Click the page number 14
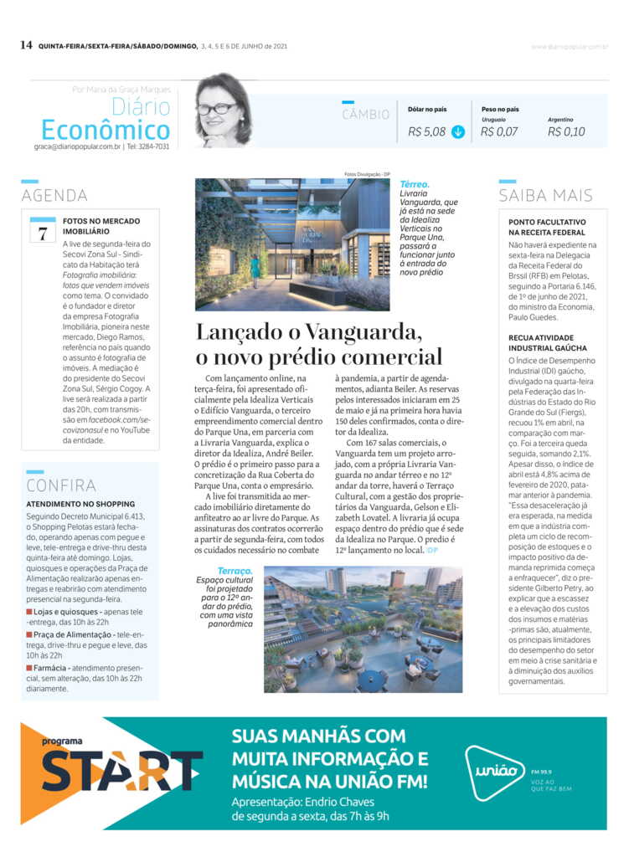[x=26, y=45]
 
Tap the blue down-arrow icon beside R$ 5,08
[x=457, y=131]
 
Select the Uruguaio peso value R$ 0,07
[x=499, y=131]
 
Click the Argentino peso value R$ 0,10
[x=566, y=131]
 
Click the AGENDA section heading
[x=54, y=196]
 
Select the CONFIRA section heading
[x=61, y=485]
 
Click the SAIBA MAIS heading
[x=545, y=196]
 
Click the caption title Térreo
[x=415, y=183]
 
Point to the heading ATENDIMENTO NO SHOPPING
[x=80, y=505]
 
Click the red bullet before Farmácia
[x=29, y=670]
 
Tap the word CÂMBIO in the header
[x=366, y=115]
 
